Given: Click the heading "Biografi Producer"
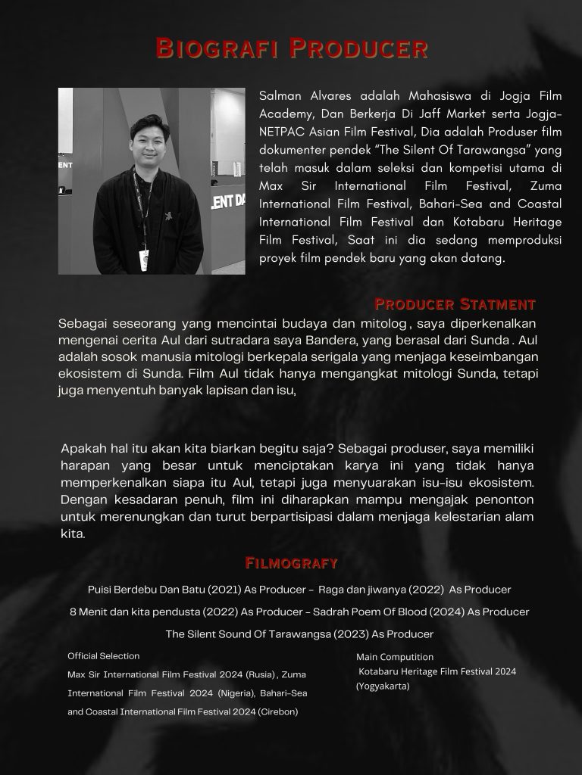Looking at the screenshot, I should tap(291, 48).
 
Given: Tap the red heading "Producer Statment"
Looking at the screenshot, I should tap(455, 304).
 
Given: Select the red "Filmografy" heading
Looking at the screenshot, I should tap(291, 562).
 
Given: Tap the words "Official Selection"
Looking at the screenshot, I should tap(104, 656).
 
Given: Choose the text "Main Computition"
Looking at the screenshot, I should tap(395, 657).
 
